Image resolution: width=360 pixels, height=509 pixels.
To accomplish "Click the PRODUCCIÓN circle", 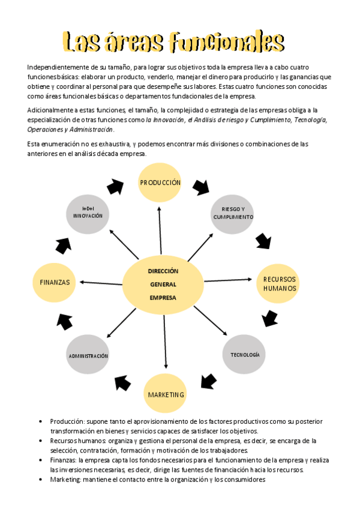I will [160, 182].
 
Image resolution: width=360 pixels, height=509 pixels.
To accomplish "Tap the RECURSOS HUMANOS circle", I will [280, 284].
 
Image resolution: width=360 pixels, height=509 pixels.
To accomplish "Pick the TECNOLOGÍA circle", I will [244, 355].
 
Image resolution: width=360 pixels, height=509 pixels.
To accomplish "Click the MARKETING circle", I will [166, 394].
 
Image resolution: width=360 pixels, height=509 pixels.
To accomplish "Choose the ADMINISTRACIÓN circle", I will [88, 356].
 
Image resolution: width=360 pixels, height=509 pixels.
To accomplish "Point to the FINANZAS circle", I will [55, 282].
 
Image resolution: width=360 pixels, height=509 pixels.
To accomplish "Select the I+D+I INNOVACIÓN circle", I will [88, 212].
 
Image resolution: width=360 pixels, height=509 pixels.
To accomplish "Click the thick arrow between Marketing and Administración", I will [122, 382].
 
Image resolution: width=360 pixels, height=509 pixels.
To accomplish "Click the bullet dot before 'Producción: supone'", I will [39, 422].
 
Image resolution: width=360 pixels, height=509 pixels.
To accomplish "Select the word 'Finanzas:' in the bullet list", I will [64, 460].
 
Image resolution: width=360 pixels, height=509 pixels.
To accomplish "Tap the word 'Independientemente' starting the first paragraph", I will [56, 67].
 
